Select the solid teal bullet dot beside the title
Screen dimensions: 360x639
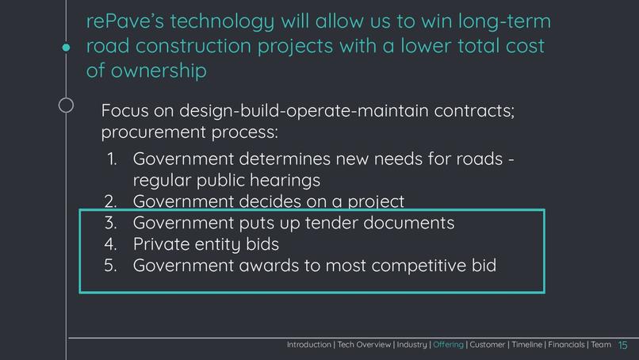tap(67, 48)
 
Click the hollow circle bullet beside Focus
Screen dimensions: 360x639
tap(67, 105)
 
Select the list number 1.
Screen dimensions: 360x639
tap(113, 159)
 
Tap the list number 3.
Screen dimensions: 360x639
tap(112, 223)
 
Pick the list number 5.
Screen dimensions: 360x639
tap(112, 266)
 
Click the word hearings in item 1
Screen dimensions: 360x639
tap(281, 181)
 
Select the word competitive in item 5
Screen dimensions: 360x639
tap(394, 266)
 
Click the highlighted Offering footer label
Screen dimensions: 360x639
tap(449, 345)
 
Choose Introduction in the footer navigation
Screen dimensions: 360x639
tap(309, 345)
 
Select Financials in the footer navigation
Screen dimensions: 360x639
tap(564, 345)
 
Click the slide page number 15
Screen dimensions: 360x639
tap(622, 345)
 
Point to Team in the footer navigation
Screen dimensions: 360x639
tap(601, 345)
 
